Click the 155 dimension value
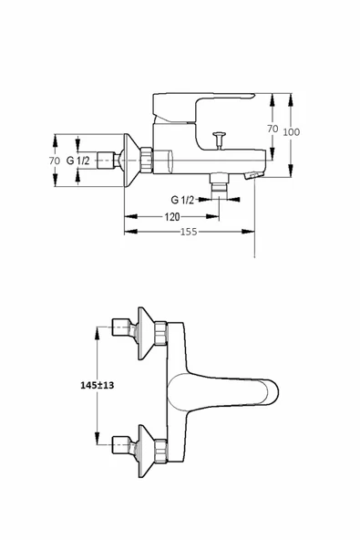point(189,232)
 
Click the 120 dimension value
point(171,216)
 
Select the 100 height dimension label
point(291,132)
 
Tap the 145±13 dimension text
point(97,385)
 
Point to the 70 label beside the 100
point(273,129)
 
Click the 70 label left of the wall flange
point(55,161)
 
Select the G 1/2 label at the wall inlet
point(77,161)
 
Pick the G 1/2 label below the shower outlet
point(182,200)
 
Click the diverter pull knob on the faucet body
point(219,140)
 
